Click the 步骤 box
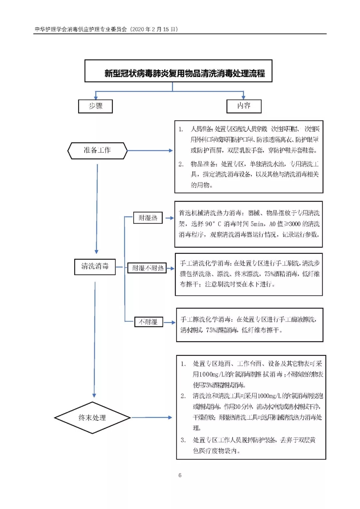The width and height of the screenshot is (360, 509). coord(95,106)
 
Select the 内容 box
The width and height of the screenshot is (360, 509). coord(244,106)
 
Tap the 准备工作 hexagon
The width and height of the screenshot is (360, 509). coord(97,151)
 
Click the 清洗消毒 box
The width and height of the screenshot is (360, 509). coord(95,266)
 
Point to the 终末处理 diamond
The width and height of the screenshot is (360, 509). coord(92,418)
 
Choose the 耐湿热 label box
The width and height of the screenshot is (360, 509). coord(148,218)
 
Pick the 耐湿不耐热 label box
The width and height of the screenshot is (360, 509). coord(148,268)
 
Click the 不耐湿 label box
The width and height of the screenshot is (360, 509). coord(148,322)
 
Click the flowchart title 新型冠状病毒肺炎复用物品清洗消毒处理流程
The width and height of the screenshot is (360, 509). coord(185,73)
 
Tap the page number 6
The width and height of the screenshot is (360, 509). coord(180,475)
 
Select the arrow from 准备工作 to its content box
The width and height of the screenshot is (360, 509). coord(150,151)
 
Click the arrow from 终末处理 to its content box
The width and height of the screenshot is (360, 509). coord(152,417)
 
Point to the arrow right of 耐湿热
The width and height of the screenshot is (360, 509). coord(169,218)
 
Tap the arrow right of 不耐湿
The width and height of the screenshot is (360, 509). coord(169,322)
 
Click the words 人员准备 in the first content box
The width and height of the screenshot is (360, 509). coord(201,129)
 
